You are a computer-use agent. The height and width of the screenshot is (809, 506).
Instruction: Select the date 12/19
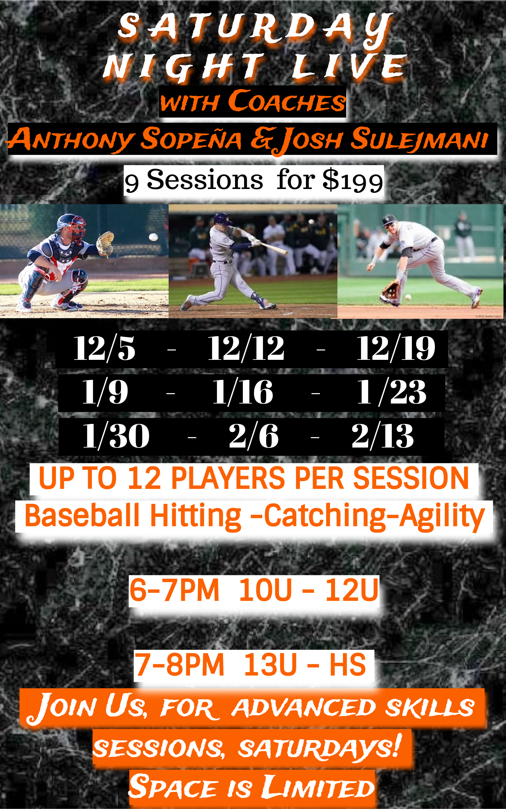coord(396,349)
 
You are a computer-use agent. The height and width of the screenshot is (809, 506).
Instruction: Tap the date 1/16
coord(243,392)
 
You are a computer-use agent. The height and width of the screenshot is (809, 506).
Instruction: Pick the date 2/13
coord(383,436)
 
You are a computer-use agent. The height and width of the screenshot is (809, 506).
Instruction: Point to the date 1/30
coord(116,436)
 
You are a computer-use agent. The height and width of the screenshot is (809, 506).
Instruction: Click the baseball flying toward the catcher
coord(153,237)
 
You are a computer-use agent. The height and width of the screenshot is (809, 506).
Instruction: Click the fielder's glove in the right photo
coord(391,290)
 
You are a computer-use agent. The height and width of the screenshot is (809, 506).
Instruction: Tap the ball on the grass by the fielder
coord(408,297)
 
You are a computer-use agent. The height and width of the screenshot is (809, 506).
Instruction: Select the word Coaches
coord(287,101)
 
